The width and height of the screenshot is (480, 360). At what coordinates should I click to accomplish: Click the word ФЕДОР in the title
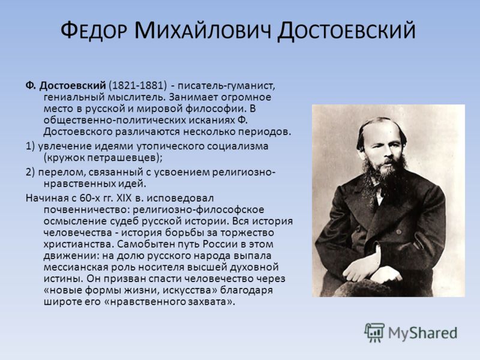tap(94, 31)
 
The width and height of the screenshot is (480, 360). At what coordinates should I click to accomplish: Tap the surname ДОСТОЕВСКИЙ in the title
tap(347, 32)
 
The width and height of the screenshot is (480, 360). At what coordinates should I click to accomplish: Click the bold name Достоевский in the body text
tap(73, 85)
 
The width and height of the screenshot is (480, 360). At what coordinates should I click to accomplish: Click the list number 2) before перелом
tap(30, 172)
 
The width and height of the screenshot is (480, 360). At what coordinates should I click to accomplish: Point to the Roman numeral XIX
tap(124, 198)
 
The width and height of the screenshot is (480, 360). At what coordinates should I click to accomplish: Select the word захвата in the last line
tap(205, 302)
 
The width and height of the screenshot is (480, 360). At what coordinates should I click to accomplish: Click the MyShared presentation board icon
tap(374, 332)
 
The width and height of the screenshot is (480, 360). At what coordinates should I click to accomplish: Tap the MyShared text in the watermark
tap(422, 333)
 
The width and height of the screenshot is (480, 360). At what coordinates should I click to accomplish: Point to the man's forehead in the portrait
tap(380, 131)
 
